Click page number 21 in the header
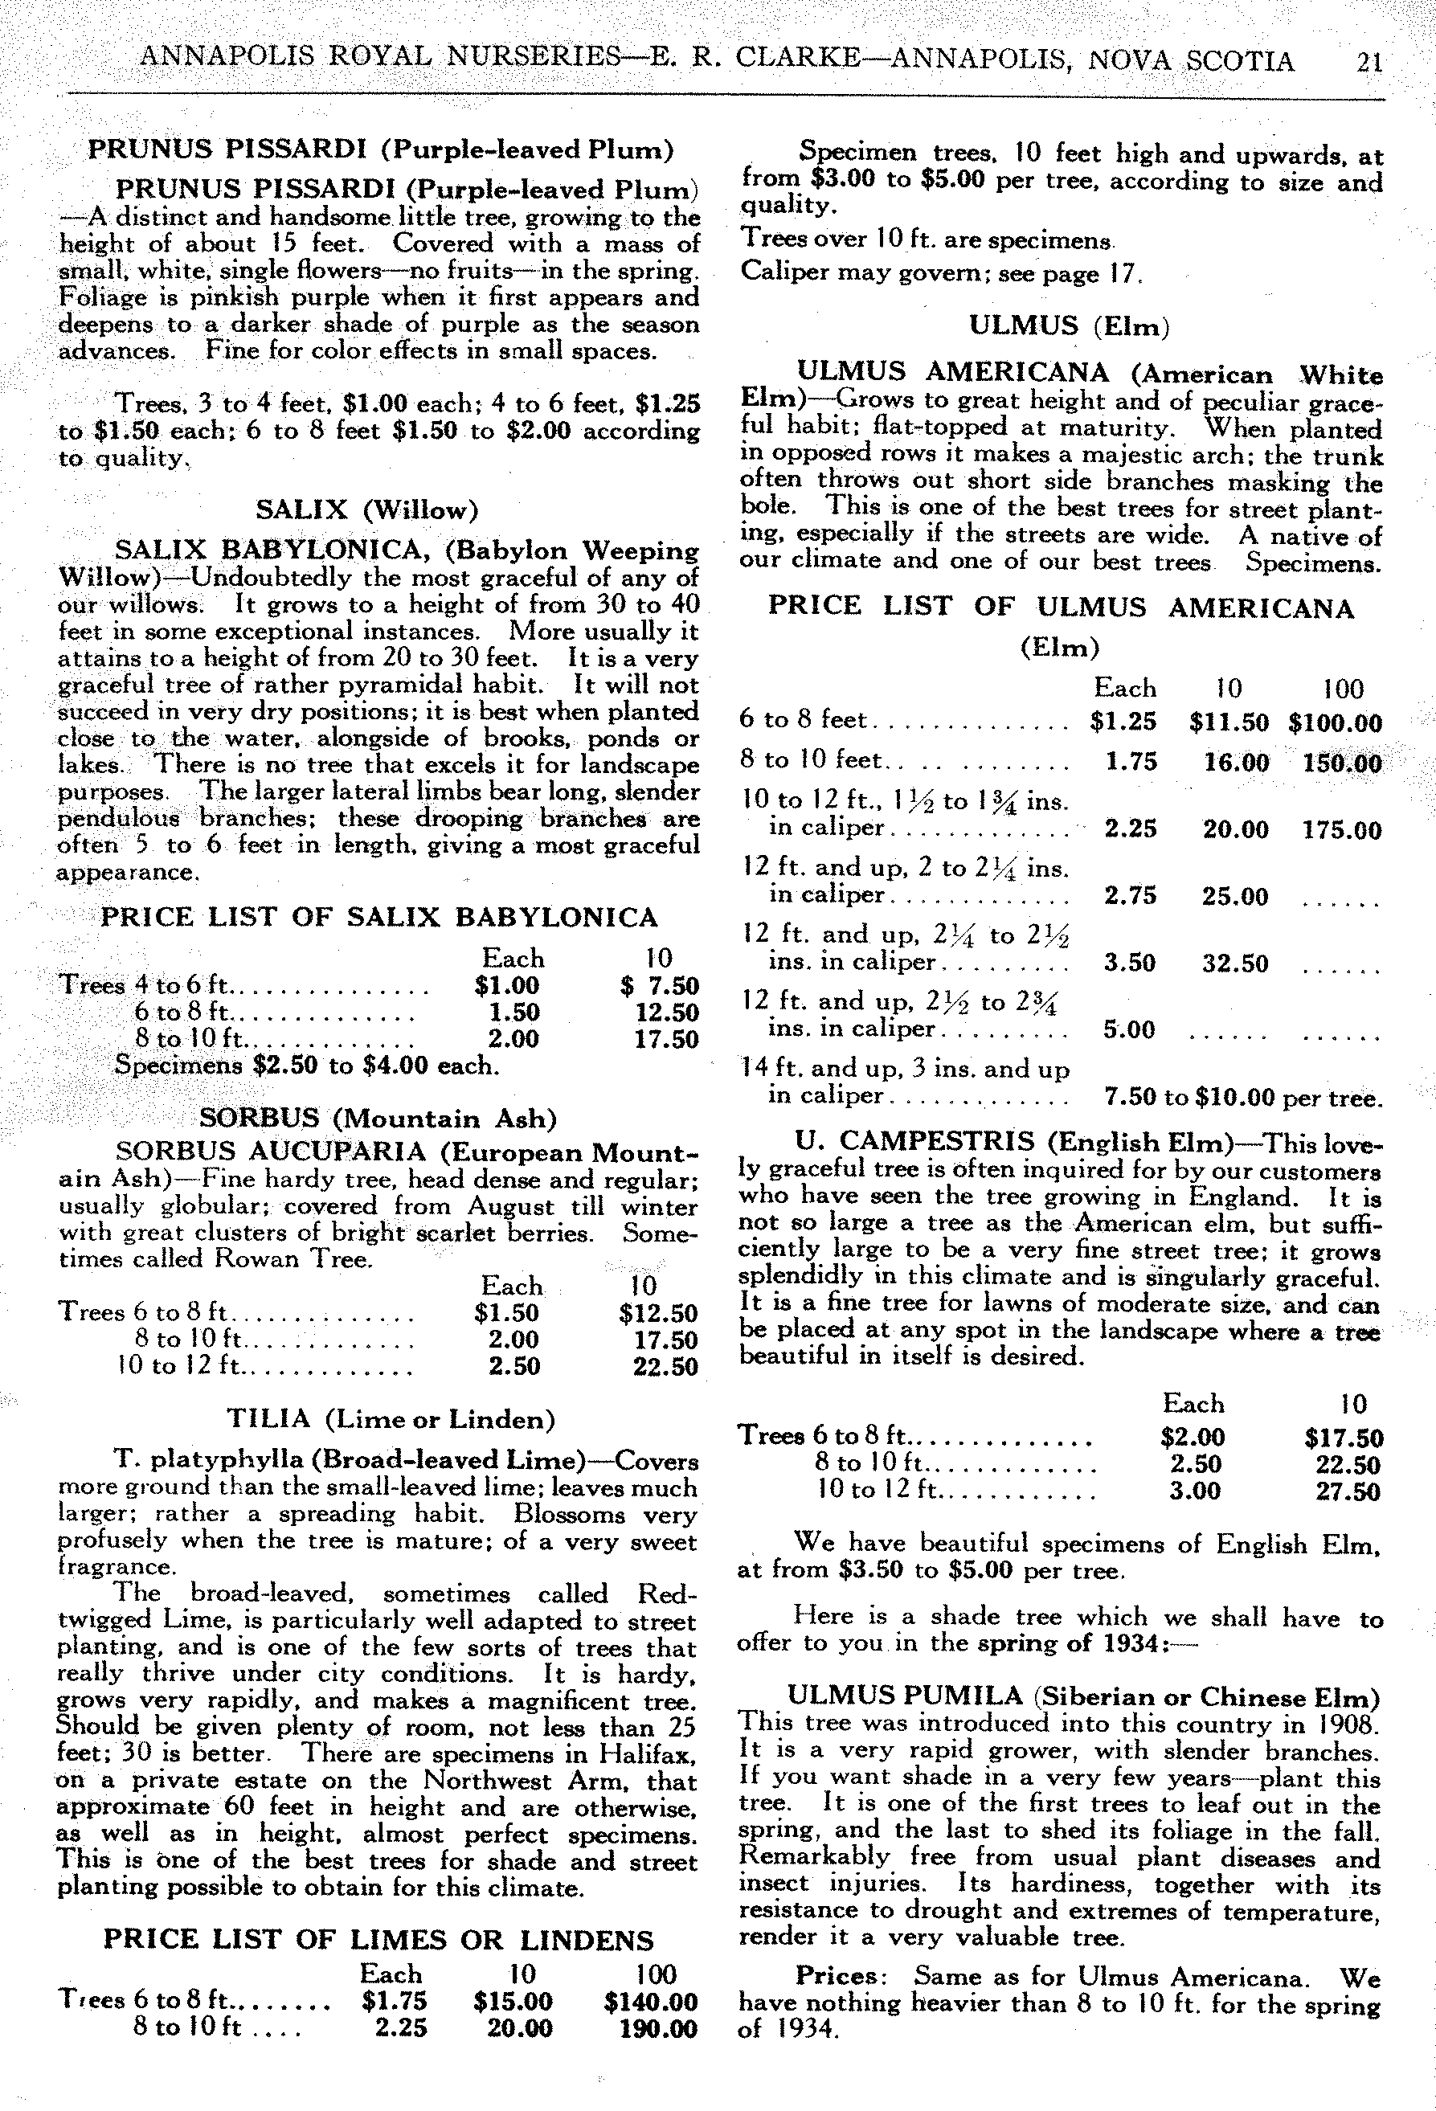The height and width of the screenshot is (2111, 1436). tap(1367, 62)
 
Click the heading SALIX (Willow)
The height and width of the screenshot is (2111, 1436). tap(366, 509)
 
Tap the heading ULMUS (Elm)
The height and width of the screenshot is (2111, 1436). tap(1068, 325)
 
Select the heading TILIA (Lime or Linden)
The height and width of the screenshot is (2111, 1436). tap(391, 1419)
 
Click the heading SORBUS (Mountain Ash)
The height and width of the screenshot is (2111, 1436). tap(378, 1117)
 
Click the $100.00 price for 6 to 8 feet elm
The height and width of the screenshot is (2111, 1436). tap(1334, 723)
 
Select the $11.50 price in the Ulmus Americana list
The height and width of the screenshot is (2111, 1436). tap(1228, 723)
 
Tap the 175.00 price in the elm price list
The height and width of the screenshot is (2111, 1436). tap(1341, 830)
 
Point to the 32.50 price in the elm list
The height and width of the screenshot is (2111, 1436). tap(1234, 963)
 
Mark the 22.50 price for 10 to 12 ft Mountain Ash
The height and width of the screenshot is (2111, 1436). tap(665, 1366)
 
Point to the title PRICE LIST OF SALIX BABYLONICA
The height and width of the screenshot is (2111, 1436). tap(378, 917)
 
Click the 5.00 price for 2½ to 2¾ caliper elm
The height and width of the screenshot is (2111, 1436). tap(1130, 1029)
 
